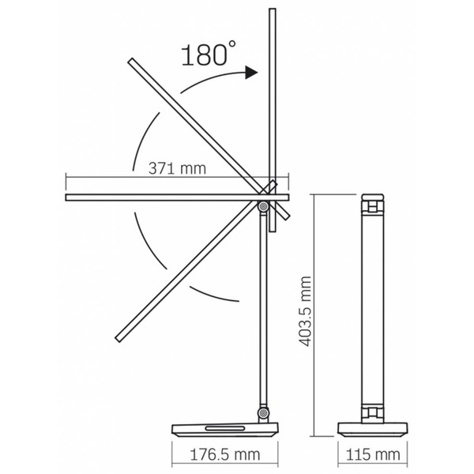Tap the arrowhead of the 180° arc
(252, 73)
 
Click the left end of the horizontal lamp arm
(68, 193)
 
